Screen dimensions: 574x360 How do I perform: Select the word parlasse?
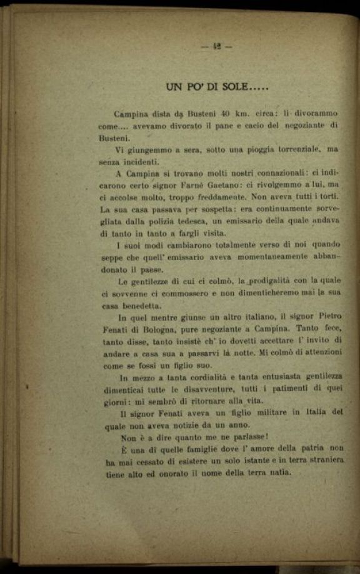(244, 436)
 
